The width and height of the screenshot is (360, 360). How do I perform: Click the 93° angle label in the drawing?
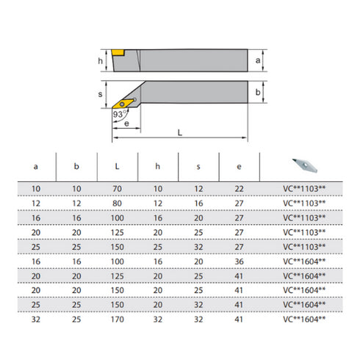tap(119, 115)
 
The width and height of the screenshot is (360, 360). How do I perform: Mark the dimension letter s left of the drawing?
tap(101, 96)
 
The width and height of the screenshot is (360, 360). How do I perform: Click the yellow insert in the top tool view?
tap(117, 52)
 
